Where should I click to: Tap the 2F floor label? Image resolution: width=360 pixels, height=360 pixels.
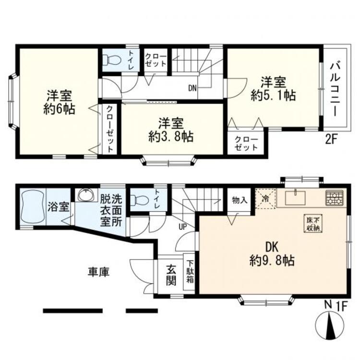pos(333,140)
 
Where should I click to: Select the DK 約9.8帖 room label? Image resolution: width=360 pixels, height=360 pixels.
pos(272,254)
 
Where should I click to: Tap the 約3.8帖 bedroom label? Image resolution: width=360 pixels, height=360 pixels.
pos(171,130)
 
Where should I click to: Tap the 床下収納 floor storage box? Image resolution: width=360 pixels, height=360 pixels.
pos(312,224)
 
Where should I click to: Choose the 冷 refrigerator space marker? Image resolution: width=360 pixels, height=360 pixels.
pos(264,197)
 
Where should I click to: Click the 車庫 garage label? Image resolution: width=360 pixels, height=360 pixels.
pos(98,272)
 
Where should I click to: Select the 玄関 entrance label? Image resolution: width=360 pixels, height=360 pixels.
pos(171,275)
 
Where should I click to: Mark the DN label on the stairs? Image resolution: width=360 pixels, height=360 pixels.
pos(192,88)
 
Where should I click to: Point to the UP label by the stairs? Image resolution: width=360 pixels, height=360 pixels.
pos(183,226)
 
